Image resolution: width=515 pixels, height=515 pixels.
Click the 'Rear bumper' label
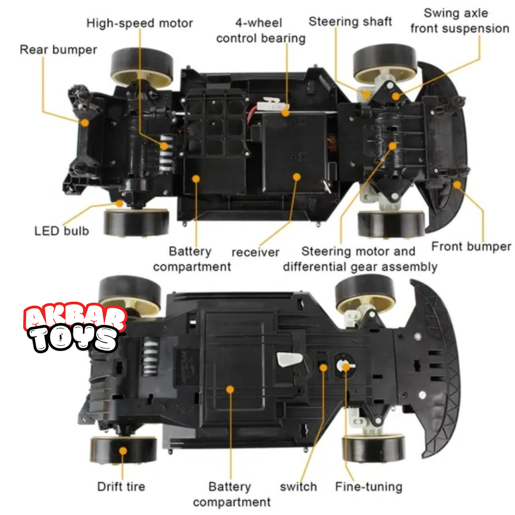[x=58, y=50]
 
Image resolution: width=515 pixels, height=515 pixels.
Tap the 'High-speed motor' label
[x=140, y=23]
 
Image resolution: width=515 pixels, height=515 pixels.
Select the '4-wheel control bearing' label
[x=261, y=30]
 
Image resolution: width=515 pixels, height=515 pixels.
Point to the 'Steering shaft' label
[x=350, y=22]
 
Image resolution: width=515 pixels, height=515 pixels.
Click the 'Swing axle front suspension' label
[x=459, y=21]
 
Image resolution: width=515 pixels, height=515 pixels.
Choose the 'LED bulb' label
[x=61, y=231]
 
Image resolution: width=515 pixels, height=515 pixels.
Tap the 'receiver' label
[x=255, y=252]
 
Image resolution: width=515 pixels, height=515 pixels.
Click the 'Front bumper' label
[x=471, y=246]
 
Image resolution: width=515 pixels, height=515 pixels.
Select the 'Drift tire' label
[x=121, y=486]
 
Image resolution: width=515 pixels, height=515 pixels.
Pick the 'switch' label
[x=298, y=486]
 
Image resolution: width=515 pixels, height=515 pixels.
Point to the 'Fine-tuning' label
[x=369, y=486]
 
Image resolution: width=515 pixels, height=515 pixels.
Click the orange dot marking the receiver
[x=296, y=177]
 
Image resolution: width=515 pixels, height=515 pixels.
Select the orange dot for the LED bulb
[x=119, y=203]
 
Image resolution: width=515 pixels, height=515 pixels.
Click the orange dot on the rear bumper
[x=85, y=122]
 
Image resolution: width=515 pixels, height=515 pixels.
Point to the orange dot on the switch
[x=323, y=367]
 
